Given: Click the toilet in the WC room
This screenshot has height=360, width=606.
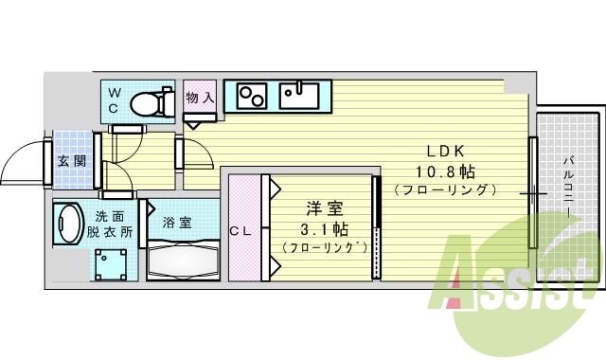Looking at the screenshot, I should [152, 101].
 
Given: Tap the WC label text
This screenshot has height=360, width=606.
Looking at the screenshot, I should [113, 99].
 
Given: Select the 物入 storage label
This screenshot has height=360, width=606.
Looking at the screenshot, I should [200, 98].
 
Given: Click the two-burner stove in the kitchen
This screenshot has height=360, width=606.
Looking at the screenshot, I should [252, 96].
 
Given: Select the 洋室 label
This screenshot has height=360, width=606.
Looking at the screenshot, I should [323, 209].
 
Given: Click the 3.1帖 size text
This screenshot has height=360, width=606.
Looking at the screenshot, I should [323, 228].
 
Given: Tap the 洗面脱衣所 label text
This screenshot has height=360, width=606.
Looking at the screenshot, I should [114, 224].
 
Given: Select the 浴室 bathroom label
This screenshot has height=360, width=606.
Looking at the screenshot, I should [176, 223].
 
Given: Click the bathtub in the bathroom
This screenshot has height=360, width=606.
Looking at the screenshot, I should [184, 258].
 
